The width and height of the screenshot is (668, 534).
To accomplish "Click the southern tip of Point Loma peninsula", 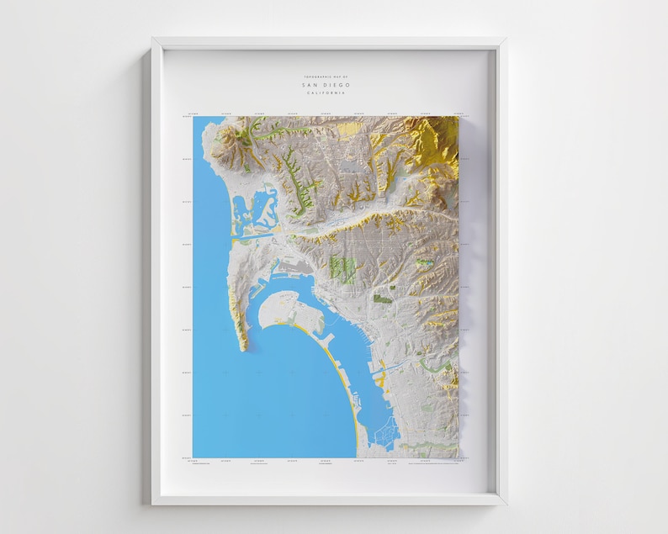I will coord(243,346).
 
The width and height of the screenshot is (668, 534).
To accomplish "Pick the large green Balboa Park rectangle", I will coord(342,269).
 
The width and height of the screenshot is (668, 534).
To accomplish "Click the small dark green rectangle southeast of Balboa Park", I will coord(383,298).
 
